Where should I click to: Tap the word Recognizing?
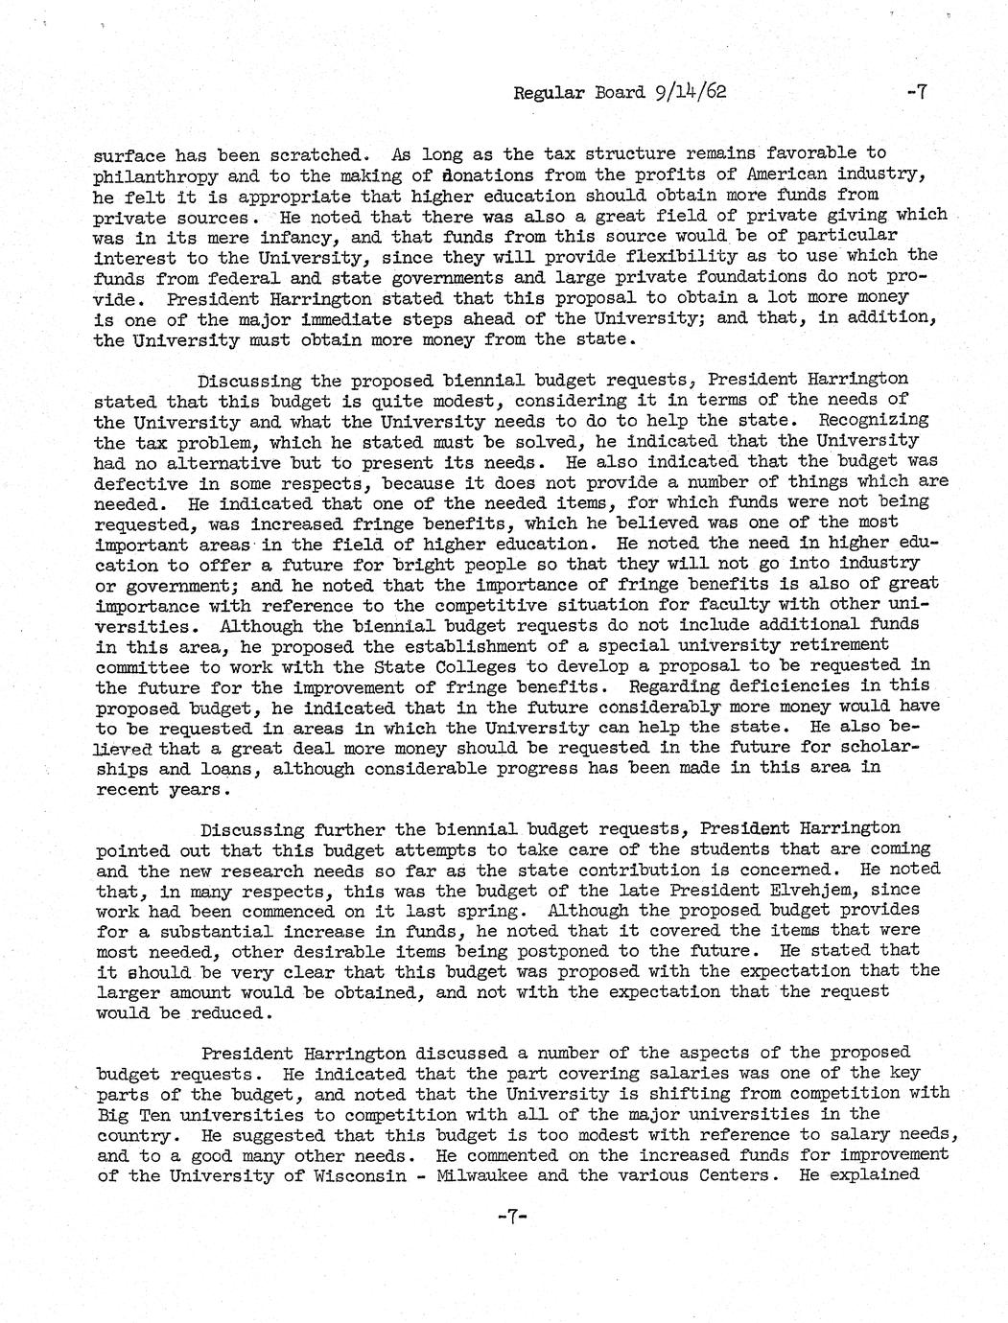tap(874, 420)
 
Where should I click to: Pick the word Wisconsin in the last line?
tap(350, 1174)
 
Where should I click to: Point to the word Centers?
tap(736, 1174)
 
